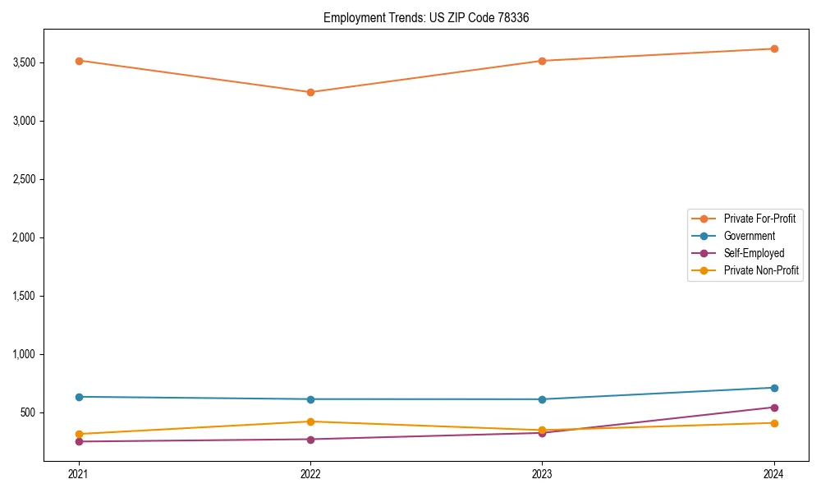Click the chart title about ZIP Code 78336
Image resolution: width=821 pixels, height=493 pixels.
tap(432, 17)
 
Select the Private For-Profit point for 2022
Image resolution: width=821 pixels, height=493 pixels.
tap(310, 92)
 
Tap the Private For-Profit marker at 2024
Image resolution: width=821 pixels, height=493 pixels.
tap(774, 48)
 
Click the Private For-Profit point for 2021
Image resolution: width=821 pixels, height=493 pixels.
tap(79, 61)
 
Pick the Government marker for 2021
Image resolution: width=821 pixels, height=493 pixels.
tap(79, 397)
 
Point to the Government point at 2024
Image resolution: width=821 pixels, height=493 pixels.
tap(774, 388)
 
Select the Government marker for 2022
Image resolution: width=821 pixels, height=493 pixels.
tap(310, 399)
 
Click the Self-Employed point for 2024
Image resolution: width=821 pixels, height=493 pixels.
tap(774, 408)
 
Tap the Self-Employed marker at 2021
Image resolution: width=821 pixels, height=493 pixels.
tap(79, 441)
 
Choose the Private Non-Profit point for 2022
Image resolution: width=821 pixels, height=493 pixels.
tap(310, 422)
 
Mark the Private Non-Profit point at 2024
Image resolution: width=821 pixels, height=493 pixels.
tap(774, 423)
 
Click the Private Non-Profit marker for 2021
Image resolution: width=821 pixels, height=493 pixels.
tap(79, 434)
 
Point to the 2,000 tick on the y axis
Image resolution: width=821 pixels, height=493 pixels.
tap(25, 237)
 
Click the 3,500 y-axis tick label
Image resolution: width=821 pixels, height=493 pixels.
tap(25, 62)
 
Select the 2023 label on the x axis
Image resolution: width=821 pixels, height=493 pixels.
tap(542, 473)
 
